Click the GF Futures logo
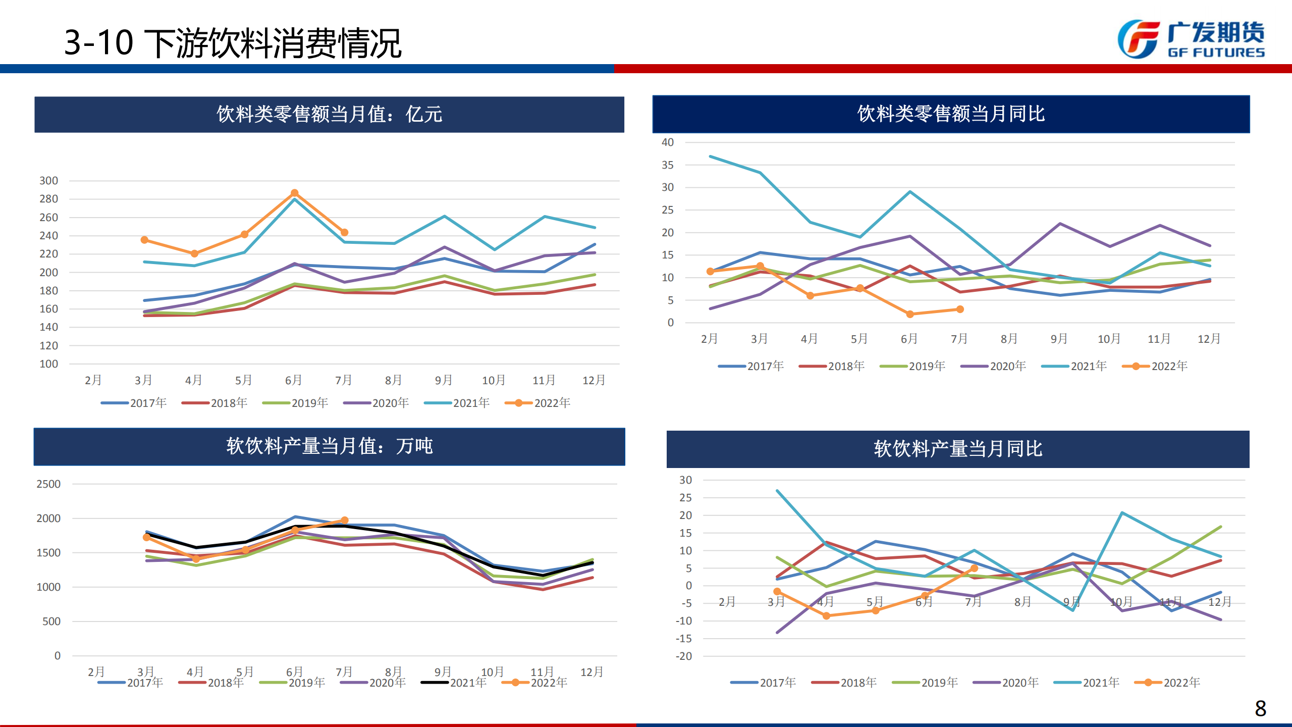1191,39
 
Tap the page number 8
1260,708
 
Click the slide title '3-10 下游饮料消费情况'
233,43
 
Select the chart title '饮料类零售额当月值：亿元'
329,115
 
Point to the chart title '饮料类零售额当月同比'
951,114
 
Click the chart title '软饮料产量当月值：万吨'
329,446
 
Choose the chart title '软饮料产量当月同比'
958,449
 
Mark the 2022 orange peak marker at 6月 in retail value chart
295,193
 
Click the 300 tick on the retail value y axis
49,181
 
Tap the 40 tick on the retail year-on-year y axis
667,142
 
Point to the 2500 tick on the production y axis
48,484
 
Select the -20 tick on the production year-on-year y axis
684,656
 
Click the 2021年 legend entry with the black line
454,683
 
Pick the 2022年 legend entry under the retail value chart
538,403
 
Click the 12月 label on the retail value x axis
594,380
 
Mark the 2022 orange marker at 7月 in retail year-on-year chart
960,309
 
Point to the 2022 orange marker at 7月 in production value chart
344,520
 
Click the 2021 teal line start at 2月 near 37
711,157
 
